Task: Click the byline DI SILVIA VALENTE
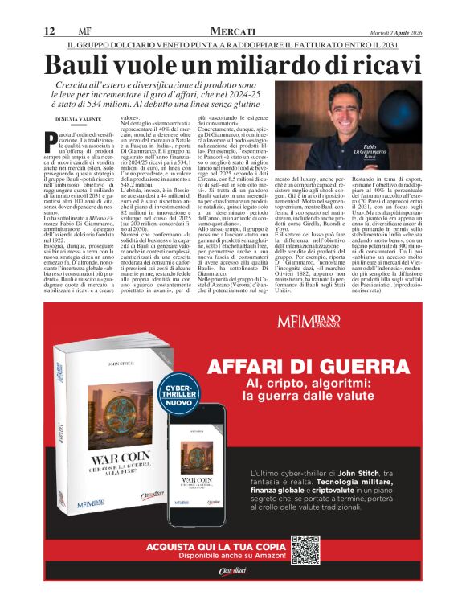click(x=79, y=117)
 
